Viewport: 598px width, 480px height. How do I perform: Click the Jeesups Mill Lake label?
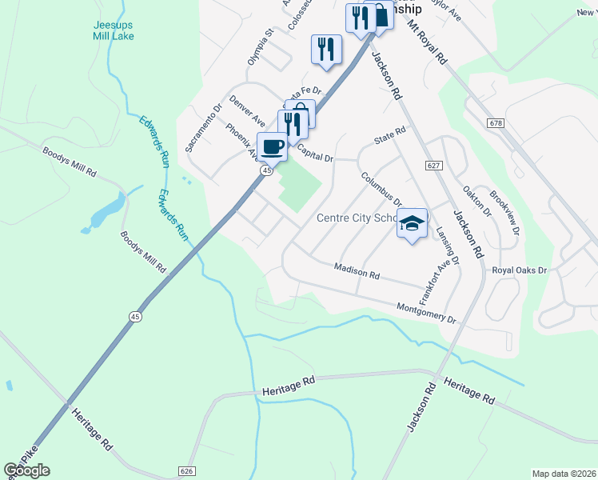pyautogui.click(x=113, y=30)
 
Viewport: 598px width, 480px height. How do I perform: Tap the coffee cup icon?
pyautogui.click(x=273, y=147)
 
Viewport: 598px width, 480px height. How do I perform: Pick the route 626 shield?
pyautogui.click(x=188, y=471)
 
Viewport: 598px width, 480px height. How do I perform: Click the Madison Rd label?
pyautogui.click(x=357, y=271)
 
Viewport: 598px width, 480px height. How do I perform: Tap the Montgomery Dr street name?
pyautogui.click(x=426, y=313)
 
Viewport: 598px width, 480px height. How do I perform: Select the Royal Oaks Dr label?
pyautogui.click(x=519, y=270)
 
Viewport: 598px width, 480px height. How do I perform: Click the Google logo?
pyautogui.click(x=27, y=470)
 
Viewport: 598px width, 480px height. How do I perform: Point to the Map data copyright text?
pyautogui.click(x=563, y=474)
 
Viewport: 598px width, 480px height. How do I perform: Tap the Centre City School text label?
pyautogui.click(x=357, y=218)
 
